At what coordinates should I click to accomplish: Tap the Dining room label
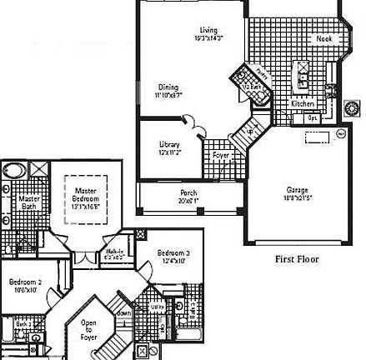point(168,86)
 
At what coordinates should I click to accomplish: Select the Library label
point(169,145)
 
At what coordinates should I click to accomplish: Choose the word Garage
point(298,189)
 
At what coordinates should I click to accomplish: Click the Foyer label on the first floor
point(221,156)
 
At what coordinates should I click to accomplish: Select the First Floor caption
point(298,259)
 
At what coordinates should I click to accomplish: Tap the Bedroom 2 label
point(26,282)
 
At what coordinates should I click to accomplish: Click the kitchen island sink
point(302,67)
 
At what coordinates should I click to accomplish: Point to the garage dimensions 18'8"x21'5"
point(298,197)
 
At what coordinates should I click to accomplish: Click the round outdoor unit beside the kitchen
point(350,106)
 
